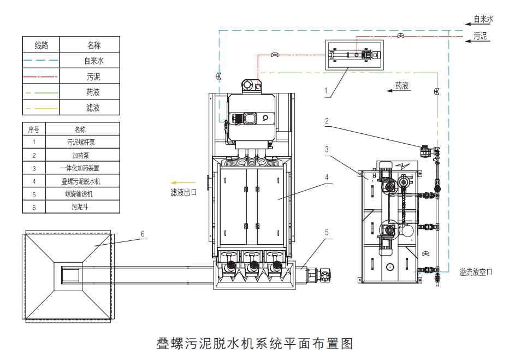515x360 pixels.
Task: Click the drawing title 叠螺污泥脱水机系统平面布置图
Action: [x=255, y=344]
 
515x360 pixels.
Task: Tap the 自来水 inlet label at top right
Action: [x=483, y=19]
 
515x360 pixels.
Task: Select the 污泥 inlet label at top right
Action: [x=480, y=37]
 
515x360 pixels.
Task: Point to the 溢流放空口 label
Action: [x=475, y=272]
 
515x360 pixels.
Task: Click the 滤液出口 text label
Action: [x=183, y=192]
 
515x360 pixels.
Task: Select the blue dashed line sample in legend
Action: [x=41, y=61]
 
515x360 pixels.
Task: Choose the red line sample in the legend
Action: [x=41, y=76]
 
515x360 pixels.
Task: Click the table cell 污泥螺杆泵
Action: [x=81, y=142]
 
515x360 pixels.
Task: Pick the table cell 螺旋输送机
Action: [x=81, y=194]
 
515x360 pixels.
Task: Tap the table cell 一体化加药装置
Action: [x=81, y=168]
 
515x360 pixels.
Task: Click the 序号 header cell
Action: [x=34, y=129]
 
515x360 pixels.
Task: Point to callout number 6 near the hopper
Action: [x=143, y=234]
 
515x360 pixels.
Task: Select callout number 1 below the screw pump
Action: [x=326, y=91]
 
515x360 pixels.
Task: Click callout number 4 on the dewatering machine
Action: [x=326, y=178]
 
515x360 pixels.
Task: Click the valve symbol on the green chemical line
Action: [x=436, y=91]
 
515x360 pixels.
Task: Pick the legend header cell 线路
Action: [x=41, y=45]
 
